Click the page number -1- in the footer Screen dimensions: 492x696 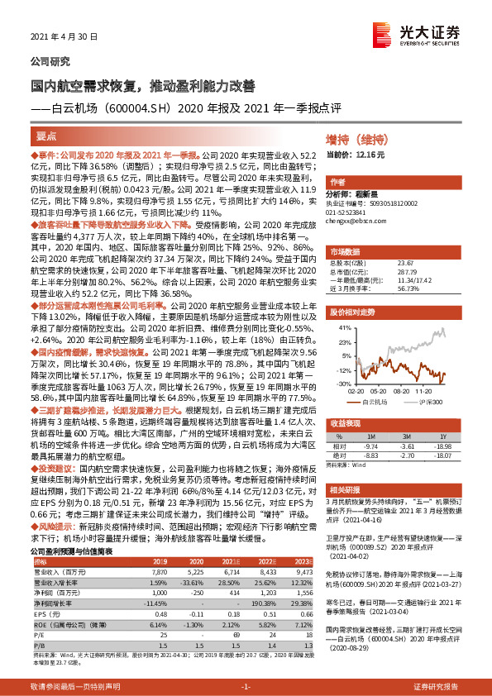pyautogui.click(x=245, y=687)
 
